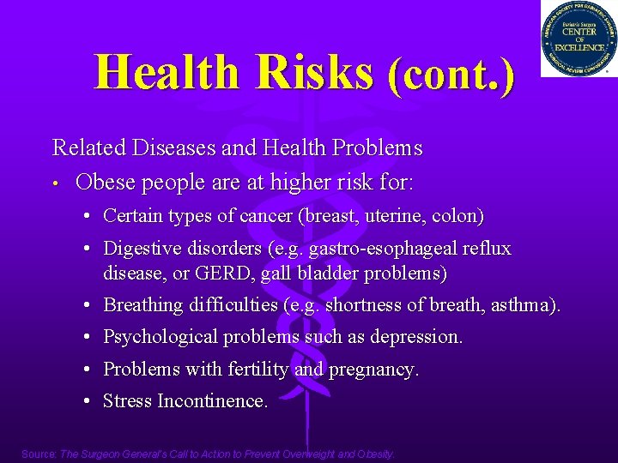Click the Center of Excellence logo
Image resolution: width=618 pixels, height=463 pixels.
tap(579, 39)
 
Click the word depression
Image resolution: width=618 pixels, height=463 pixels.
tap(416, 337)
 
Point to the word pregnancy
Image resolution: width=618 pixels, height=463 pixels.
tap(375, 370)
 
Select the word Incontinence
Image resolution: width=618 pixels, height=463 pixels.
tap(214, 400)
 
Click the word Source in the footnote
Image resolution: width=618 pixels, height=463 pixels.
tap(38, 454)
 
